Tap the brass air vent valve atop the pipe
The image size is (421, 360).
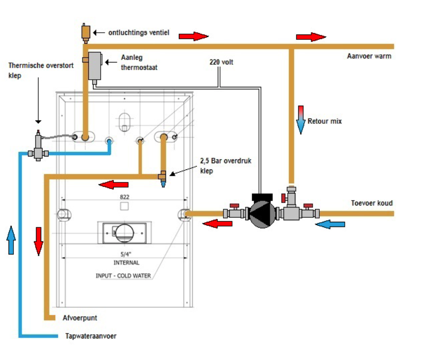point(86,33)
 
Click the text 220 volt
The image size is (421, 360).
point(222,62)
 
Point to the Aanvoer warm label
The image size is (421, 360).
point(369,56)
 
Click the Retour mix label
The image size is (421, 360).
point(325,121)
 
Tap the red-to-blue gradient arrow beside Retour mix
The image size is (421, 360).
point(301,120)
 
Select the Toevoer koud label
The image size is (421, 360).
point(372,203)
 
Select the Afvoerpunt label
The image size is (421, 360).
point(80,318)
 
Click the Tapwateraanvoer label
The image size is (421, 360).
point(91,336)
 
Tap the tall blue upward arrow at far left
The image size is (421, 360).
point(12,240)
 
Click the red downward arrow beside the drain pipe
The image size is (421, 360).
point(38,241)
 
